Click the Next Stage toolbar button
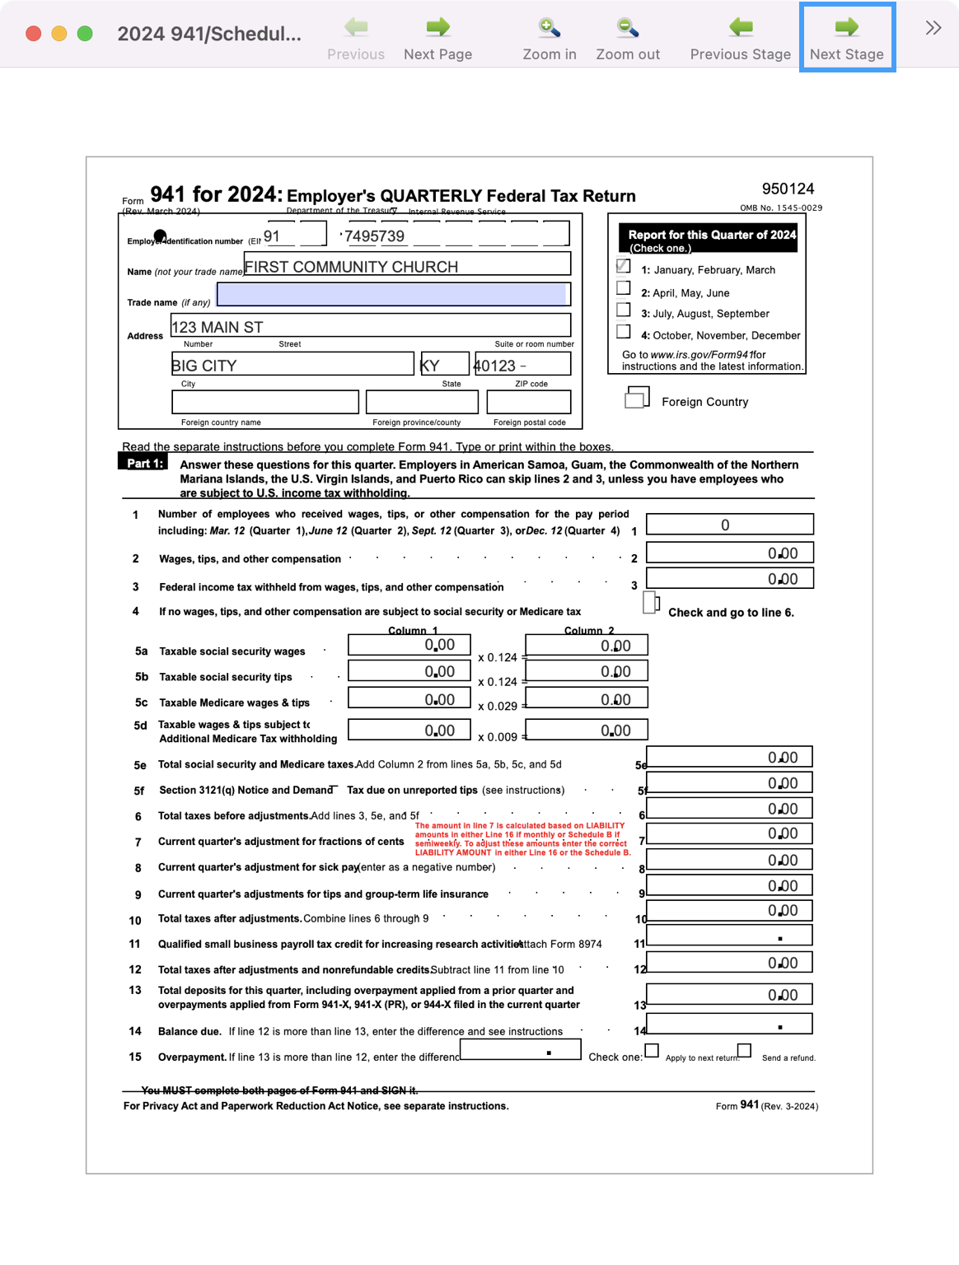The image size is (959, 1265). pyautogui.click(x=846, y=38)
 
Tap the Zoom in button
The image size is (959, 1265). pyautogui.click(x=549, y=38)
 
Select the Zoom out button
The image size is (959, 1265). pyautogui.click(x=628, y=38)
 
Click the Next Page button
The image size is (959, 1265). pyautogui.click(x=437, y=38)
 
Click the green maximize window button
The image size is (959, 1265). pyautogui.click(x=85, y=34)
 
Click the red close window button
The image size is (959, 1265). pyautogui.click(x=34, y=34)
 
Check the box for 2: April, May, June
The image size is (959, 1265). pyautogui.click(x=624, y=288)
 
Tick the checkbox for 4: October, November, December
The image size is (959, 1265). pyautogui.click(x=624, y=332)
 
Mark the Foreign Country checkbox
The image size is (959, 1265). pyautogui.click(x=636, y=399)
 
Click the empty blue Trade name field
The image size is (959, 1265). pyautogui.click(x=393, y=294)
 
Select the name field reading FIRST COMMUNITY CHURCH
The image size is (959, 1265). pyautogui.click(x=407, y=264)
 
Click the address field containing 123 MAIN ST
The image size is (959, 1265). pyautogui.click(x=371, y=325)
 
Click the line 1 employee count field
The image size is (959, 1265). pyautogui.click(x=729, y=525)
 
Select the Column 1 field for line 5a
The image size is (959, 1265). pyautogui.click(x=409, y=645)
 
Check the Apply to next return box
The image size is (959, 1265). pyautogui.click(x=652, y=1051)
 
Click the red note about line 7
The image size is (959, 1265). pyautogui.click(x=522, y=839)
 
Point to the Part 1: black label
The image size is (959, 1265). pyautogui.click(x=143, y=463)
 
